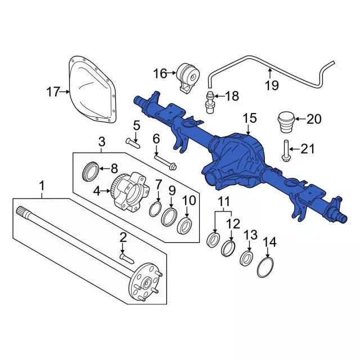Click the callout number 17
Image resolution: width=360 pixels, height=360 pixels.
(53, 92)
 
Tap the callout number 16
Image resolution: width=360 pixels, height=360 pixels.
(160, 73)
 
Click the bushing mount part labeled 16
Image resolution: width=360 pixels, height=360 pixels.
(188, 77)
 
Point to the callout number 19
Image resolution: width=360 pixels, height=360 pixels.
(272, 86)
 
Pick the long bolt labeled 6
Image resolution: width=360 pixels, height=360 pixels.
(164, 163)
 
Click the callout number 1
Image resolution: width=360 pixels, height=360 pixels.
(41, 184)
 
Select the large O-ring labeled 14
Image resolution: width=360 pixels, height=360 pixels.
(266, 267)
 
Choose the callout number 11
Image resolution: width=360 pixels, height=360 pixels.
(224, 201)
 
